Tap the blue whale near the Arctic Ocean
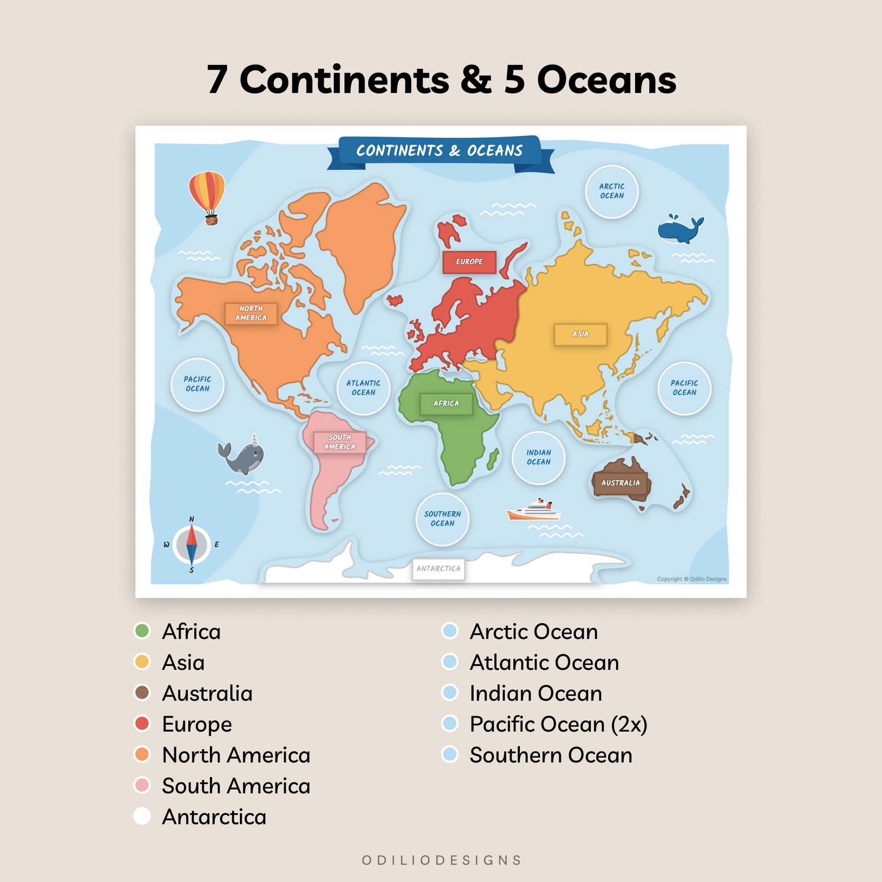tap(679, 229)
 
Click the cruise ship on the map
tap(534, 510)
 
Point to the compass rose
tap(192, 544)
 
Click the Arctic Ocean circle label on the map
tap(612, 191)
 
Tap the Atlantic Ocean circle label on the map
tap(363, 388)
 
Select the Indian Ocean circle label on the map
tap(538, 457)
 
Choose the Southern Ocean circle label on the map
tap(442, 519)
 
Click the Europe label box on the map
tap(469, 262)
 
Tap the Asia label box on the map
tap(580, 334)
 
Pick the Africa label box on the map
tap(446, 404)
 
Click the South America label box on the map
tap(339, 442)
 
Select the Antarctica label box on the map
tap(438, 569)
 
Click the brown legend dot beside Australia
tap(142, 693)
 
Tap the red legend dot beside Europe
tap(142, 724)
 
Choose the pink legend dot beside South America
tap(142, 785)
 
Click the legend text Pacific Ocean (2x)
tap(558, 724)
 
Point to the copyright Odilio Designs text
tap(691, 579)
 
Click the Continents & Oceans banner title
tap(439, 151)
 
